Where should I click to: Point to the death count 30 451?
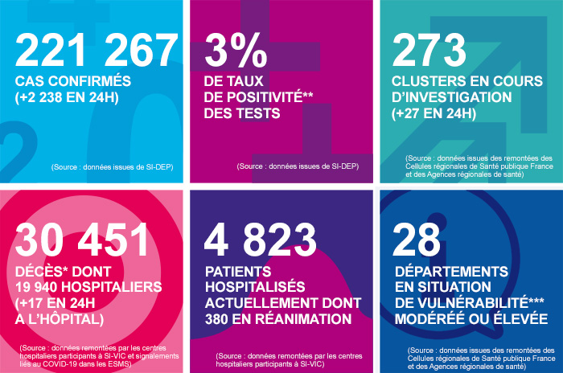click(x=84, y=240)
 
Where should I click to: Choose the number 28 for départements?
click(x=417, y=240)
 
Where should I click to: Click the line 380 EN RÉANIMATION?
click(x=278, y=319)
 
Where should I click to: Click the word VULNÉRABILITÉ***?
click(x=478, y=303)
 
